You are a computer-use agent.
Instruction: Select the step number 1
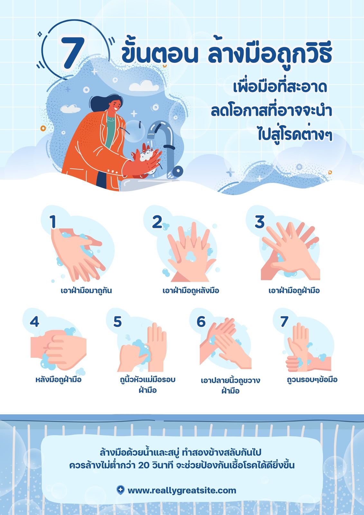coord(53,222)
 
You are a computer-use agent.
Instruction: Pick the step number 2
coord(157,222)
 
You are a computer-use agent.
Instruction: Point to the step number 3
coord(260,222)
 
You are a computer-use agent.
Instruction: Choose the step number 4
coord(34,322)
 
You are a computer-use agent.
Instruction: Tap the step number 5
coord(117,322)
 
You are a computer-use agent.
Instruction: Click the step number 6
coord(201,322)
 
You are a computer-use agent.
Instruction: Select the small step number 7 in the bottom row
coord(284,322)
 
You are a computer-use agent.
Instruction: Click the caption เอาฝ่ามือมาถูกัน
coord(86,291)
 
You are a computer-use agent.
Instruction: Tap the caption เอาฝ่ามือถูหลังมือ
coord(191,291)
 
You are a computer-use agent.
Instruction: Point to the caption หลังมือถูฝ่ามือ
coord(58,379)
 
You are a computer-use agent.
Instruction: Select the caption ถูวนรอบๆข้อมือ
coord(312,379)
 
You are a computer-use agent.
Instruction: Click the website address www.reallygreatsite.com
coord(182,491)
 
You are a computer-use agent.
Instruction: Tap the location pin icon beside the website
coord(120,490)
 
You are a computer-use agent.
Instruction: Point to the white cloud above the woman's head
coord(144,86)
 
